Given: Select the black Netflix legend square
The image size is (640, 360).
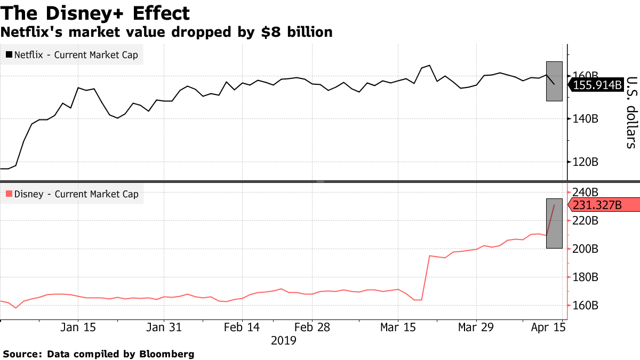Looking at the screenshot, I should click(9, 54).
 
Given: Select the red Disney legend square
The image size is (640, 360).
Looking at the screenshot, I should click(9, 194).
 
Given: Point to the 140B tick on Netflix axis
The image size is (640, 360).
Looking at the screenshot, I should click(586, 119).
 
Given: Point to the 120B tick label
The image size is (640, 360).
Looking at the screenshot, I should click(586, 162).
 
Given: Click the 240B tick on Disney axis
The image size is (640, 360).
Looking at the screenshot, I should click(586, 192).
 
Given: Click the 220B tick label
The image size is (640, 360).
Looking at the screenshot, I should click(586, 220).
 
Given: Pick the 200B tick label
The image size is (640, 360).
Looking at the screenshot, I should click(586, 249).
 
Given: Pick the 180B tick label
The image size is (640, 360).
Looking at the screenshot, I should click(586, 277).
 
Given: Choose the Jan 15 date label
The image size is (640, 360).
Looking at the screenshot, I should click(78, 327).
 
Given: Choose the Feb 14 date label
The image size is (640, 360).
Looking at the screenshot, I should click(243, 327).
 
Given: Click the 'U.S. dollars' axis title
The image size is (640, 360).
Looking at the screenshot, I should click(631, 113).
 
